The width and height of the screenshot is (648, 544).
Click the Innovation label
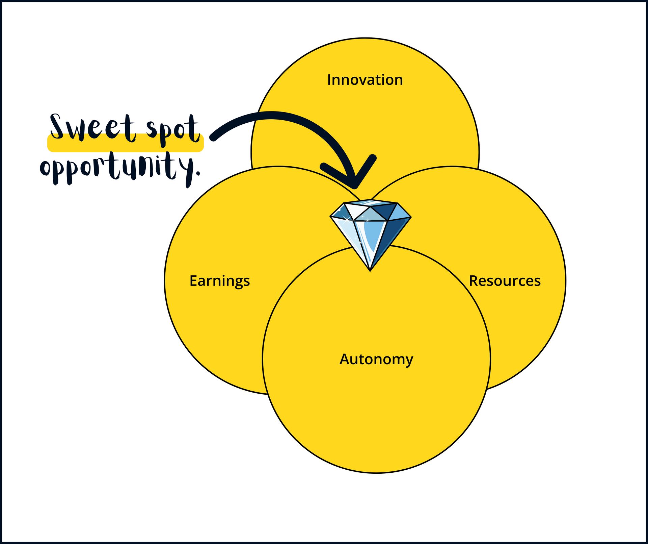click(x=365, y=80)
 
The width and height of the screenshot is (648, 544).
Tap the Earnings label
click(x=219, y=281)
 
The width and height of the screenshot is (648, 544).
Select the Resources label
click(x=505, y=281)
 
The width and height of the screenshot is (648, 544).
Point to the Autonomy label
click(x=376, y=359)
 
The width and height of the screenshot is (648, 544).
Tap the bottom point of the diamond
click(x=370, y=270)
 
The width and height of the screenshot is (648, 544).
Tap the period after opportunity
click(x=198, y=174)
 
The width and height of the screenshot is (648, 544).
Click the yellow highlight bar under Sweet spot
click(x=125, y=147)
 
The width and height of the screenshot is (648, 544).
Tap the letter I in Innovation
click(x=329, y=80)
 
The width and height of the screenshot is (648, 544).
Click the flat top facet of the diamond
click(x=370, y=203)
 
